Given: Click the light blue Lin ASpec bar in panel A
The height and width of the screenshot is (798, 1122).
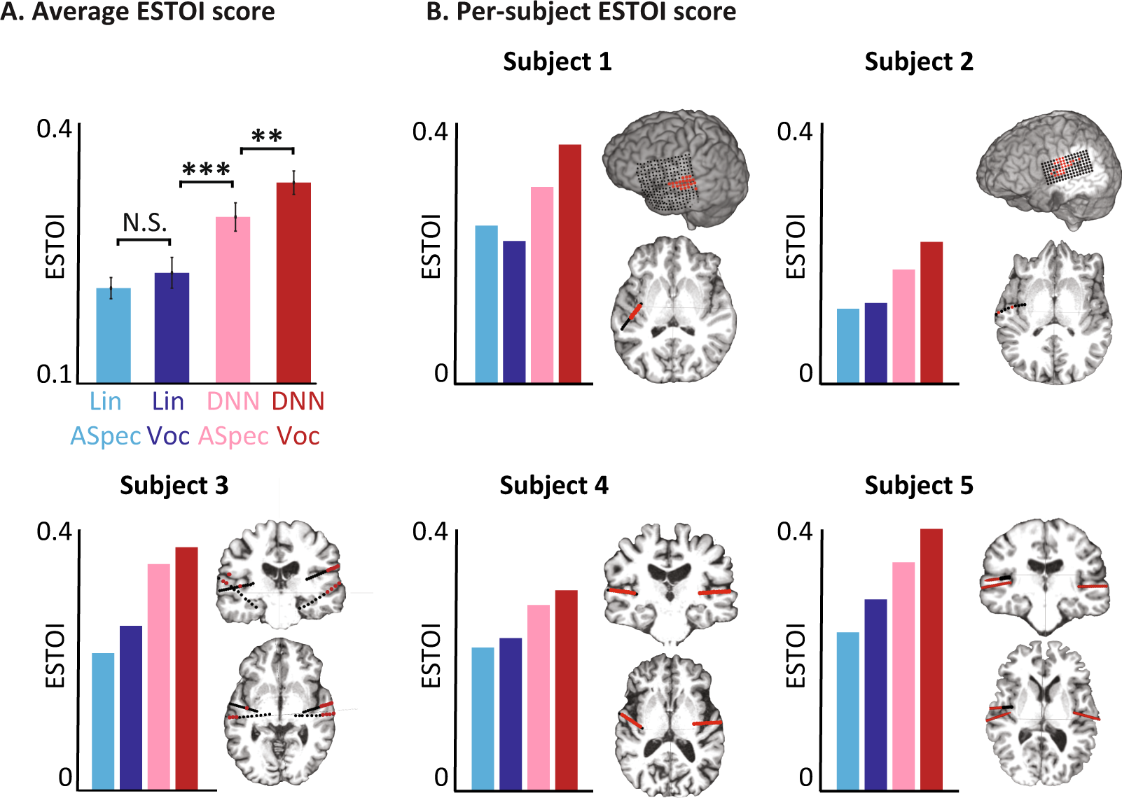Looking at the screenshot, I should coord(113,335).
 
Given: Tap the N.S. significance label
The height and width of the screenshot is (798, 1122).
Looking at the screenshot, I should coord(144,223).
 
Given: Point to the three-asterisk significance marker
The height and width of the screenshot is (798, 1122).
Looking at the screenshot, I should coord(206,170).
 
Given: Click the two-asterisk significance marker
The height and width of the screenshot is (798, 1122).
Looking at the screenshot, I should coord(267,136).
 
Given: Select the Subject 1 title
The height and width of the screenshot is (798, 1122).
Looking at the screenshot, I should coord(557,62).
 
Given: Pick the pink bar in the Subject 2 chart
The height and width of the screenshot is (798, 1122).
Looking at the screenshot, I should coord(903,326).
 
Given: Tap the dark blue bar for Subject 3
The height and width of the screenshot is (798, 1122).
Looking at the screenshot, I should coord(131,707).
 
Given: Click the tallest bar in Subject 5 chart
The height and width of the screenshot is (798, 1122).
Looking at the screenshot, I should coord(931,659).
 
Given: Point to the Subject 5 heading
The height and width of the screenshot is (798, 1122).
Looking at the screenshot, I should coord(919,486).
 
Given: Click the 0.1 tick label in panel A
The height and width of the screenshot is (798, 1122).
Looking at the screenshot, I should coord(54,374).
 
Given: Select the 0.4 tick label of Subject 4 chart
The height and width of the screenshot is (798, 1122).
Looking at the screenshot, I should coord(429,532).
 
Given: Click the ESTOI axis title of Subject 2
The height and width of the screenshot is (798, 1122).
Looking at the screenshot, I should coord(796,246).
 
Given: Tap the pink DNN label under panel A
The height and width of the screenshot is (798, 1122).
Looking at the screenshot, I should coord(233,402).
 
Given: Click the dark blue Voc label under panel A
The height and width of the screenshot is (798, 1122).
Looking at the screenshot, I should coord(169,436).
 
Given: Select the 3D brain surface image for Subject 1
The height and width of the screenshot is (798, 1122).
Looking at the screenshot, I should coord(676,168).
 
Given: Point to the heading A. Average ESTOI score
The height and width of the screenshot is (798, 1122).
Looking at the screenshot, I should coord(138,12).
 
